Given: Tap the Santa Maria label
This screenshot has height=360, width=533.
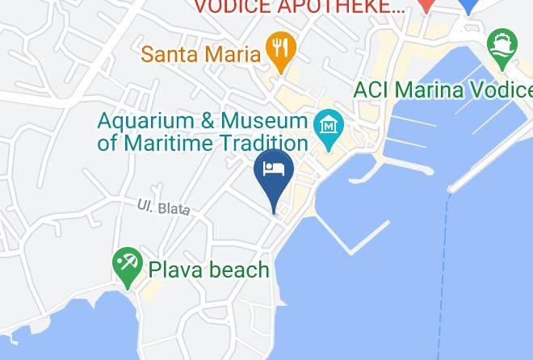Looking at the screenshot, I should click(201, 55).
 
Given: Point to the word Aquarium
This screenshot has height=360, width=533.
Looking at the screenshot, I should click(145, 121).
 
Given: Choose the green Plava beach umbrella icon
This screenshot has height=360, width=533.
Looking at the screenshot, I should click(127, 265).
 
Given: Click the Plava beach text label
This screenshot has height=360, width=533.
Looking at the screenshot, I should click(208, 270).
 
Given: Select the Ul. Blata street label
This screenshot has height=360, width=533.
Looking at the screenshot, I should click(163, 207).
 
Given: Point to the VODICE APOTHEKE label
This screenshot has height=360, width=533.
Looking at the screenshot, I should click(299, 8).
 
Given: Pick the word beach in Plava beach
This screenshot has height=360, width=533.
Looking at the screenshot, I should click(238, 270).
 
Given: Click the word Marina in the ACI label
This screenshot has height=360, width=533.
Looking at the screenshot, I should click(426, 90).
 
